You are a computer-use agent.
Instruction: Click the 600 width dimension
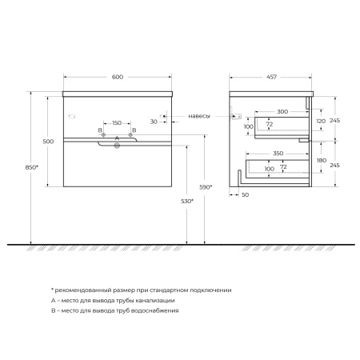117,77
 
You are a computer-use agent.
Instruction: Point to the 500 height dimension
48,141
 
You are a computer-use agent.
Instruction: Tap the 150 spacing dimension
117,123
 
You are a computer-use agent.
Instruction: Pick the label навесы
198,116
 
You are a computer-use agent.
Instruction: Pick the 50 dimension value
245,195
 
